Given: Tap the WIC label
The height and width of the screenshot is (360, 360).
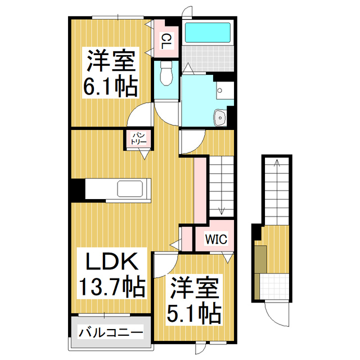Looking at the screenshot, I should [x=215, y=239].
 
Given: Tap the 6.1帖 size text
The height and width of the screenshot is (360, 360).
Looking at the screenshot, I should [x=111, y=86].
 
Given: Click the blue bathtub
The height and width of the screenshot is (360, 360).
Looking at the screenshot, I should [x=208, y=33].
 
